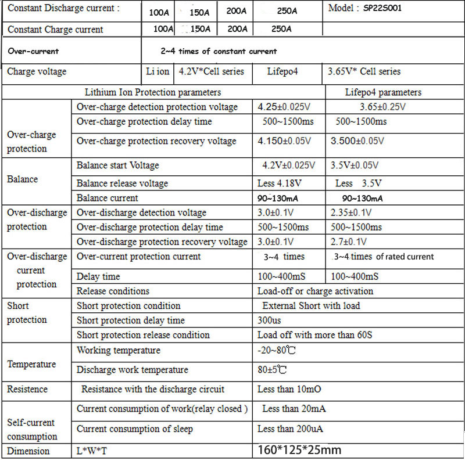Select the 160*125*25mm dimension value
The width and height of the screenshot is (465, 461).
click(299, 450)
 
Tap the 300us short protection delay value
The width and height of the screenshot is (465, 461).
click(270, 320)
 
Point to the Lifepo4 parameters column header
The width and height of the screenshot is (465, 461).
click(383, 92)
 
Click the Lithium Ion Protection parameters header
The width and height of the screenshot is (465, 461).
click(153, 92)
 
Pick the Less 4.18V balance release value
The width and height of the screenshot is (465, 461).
click(280, 183)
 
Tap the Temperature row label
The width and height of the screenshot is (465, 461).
click(31, 364)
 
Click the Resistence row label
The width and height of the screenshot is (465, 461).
click(27, 389)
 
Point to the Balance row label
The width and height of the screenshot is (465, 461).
click(22, 179)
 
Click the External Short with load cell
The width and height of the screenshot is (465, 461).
click(311, 305)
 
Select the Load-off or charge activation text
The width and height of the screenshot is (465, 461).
click(315, 291)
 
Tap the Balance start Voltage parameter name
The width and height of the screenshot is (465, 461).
click(117, 165)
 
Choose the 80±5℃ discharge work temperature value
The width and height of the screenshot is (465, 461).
click(272, 369)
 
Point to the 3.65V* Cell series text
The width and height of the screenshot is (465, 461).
click(364, 71)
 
